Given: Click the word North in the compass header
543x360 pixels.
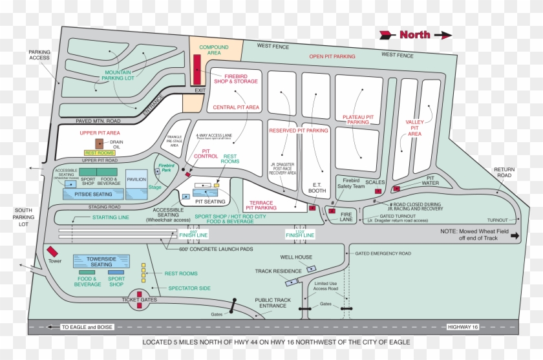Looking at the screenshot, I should click(415, 35).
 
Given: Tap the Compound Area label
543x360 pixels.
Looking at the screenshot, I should click(214, 51).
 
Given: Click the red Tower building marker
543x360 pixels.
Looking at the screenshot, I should click(52, 251).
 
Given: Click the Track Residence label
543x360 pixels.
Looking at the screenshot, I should click(279, 271).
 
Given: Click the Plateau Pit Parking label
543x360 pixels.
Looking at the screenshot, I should click(358, 119).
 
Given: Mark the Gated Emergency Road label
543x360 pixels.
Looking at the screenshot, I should click(383, 254).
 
